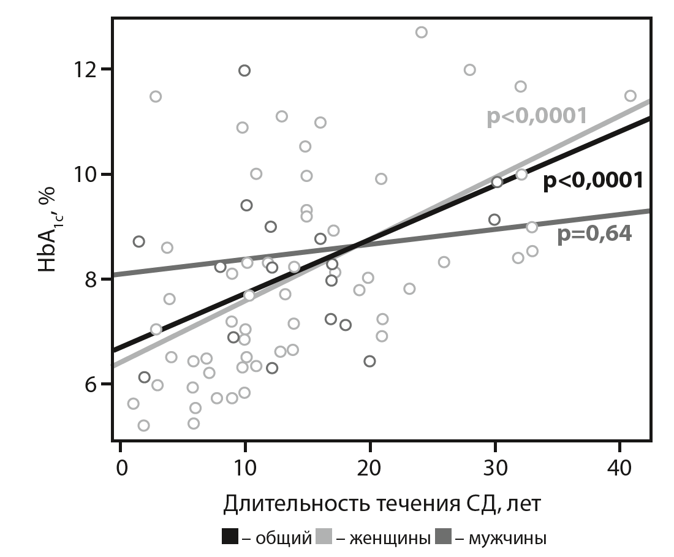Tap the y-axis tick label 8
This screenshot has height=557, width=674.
point(91,279)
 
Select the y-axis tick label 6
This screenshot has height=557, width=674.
point(91,384)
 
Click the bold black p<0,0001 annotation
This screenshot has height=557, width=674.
point(593,181)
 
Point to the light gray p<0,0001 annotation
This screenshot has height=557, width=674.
point(537,116)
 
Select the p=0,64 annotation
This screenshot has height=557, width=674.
point(594,234)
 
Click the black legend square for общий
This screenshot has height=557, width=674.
point(230,538)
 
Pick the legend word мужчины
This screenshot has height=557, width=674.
point(507,539)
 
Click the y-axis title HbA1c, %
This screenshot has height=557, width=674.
point(48,230)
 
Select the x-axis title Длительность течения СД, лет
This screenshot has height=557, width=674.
point(381,504)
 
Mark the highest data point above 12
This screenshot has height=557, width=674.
point(421,32)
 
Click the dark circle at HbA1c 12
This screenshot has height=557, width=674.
point(244,70)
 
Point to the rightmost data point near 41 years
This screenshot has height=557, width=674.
point(630,96)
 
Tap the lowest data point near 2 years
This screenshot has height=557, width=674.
point(143,425)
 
